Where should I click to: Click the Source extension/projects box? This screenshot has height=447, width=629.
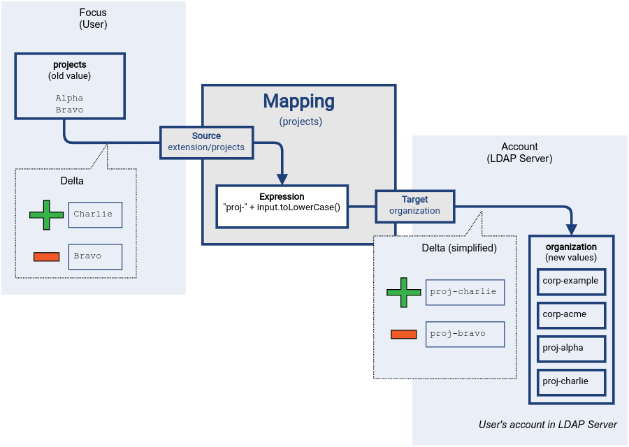(x=206, y=142)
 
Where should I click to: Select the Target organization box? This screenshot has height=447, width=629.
(x=414, y=205)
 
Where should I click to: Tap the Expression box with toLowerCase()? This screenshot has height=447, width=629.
(x=282, y=206)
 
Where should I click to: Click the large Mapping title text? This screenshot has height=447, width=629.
(x=299, y=101)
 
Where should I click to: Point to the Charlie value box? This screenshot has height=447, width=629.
(x=96, y=214)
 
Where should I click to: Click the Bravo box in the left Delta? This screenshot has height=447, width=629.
(x=96, y=256)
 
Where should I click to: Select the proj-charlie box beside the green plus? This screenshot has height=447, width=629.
(x=465, y=292)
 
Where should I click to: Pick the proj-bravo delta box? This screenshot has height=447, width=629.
(x=465, y=334)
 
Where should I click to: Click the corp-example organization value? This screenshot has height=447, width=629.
(x=571, y=281)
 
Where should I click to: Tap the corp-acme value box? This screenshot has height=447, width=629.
(x=571, y=314)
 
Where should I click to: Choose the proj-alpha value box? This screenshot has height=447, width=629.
(x=571, y=348)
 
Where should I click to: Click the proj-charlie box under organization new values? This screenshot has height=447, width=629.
(x=571, y=381)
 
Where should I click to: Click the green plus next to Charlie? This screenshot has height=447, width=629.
(x=47, y=214)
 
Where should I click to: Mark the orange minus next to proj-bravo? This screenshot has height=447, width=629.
(x=404, y=334)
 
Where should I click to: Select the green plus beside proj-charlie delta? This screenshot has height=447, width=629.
(x=404, y=292)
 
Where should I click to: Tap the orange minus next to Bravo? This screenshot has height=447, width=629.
(x=47, y=256)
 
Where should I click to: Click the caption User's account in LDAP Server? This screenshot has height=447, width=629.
(x=548, y=425)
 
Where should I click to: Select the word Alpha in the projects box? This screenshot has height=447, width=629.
(x=69, y=98)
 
